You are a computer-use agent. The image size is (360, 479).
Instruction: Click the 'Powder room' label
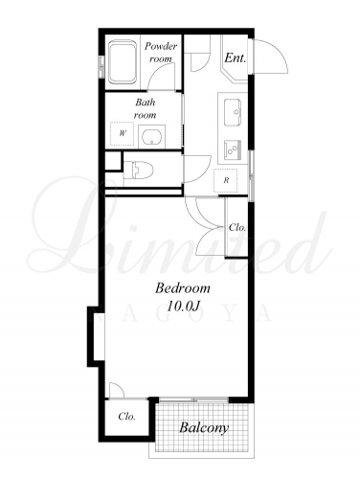pos(161,53)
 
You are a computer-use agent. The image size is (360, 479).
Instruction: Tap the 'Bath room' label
pos(146,108)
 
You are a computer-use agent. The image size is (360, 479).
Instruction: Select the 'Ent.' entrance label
pos(236,57)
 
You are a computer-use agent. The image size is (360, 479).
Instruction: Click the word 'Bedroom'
pos(183,288)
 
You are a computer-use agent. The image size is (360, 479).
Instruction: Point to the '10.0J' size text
pos(183,307)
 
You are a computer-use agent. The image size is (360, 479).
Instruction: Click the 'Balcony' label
pos(204,427)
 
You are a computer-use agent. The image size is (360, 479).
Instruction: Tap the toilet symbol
pos(138,170)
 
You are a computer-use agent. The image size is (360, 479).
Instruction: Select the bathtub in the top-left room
pos(123,62)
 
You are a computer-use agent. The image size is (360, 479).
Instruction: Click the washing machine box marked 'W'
pos(122,134)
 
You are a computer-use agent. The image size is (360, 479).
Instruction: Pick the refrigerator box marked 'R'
pos(226,180)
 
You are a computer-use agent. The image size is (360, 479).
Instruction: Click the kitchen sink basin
pos(233,112)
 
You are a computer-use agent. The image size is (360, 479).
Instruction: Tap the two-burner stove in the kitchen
pos(233,149)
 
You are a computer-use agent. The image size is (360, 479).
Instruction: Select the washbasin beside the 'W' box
pos(152,136)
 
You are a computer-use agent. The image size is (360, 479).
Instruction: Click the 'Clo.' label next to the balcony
pos(127,417)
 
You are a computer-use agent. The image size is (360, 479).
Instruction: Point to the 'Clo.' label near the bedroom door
pos(237,228)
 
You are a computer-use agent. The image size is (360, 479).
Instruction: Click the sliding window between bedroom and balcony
pos(193,399)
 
